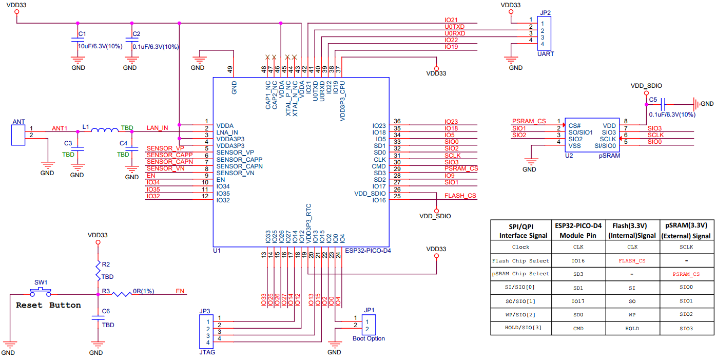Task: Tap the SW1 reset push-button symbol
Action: coord(41,292)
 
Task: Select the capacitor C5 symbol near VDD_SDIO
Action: coord(663,104)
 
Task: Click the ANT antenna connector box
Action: coord(18,135)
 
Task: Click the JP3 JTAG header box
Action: coord(205,332)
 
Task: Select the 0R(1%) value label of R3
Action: coord(144,291)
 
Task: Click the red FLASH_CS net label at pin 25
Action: coord(460,196)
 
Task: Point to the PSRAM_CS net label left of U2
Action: coord(529,121)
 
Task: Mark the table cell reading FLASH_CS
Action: coord(632,261)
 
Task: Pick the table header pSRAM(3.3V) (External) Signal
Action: coord(686,231)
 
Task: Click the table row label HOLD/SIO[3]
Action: coord(520,328)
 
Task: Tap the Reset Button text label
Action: coord(48,305)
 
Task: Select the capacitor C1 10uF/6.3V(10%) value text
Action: coord(100,46)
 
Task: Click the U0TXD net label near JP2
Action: coord(454,26)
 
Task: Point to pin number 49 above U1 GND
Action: coord(230,68)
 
